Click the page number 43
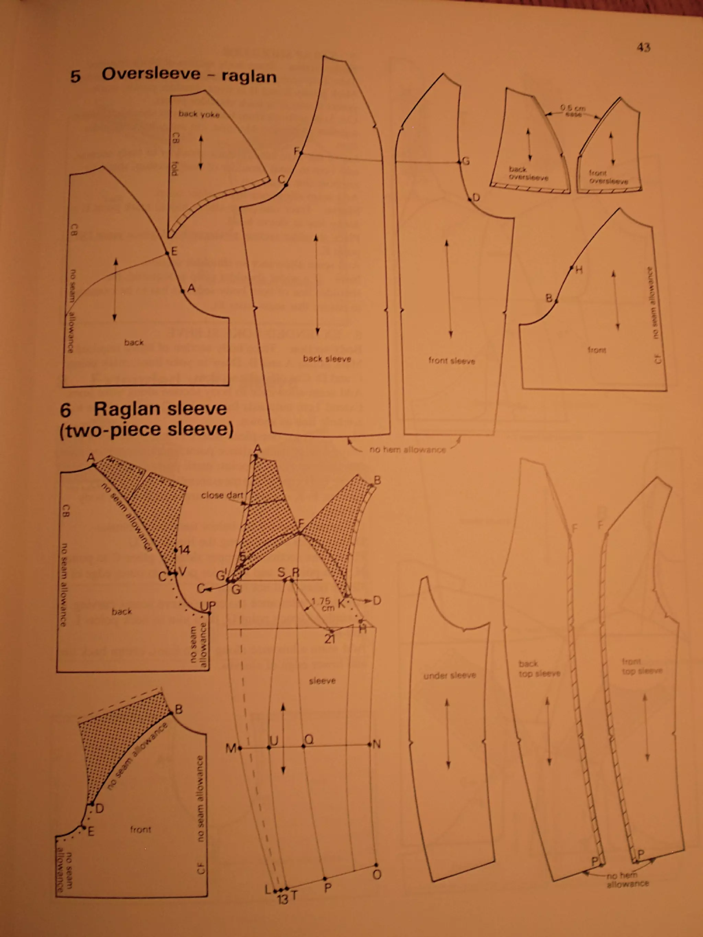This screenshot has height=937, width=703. pyautogui.click(x=643, y=47)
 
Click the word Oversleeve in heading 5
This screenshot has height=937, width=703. pyautogui.click(x=150, y=74)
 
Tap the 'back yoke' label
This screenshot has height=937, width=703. pyautogui.click(x=199, y=114)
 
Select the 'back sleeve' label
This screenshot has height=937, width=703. pyautogui.click(x=327, y=359)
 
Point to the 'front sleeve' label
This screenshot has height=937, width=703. pyautogui.click(x=451, y=361)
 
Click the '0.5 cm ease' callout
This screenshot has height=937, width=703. pyautogui.click(x=573, y=111)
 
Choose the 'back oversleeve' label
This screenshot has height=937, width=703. pyautogui.click(x=528, y=173)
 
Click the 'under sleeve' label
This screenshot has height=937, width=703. pyautogui.click(x=450, y=675)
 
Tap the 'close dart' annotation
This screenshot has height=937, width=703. pyautogui.click(x=222, y=495)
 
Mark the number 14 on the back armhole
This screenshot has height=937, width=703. pyautogui.click(x=184, y=550)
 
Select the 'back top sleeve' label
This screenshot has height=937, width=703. pyautogui.click(x=539, y=668)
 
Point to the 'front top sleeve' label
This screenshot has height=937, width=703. pyautogui.click(x=642, y=666)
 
